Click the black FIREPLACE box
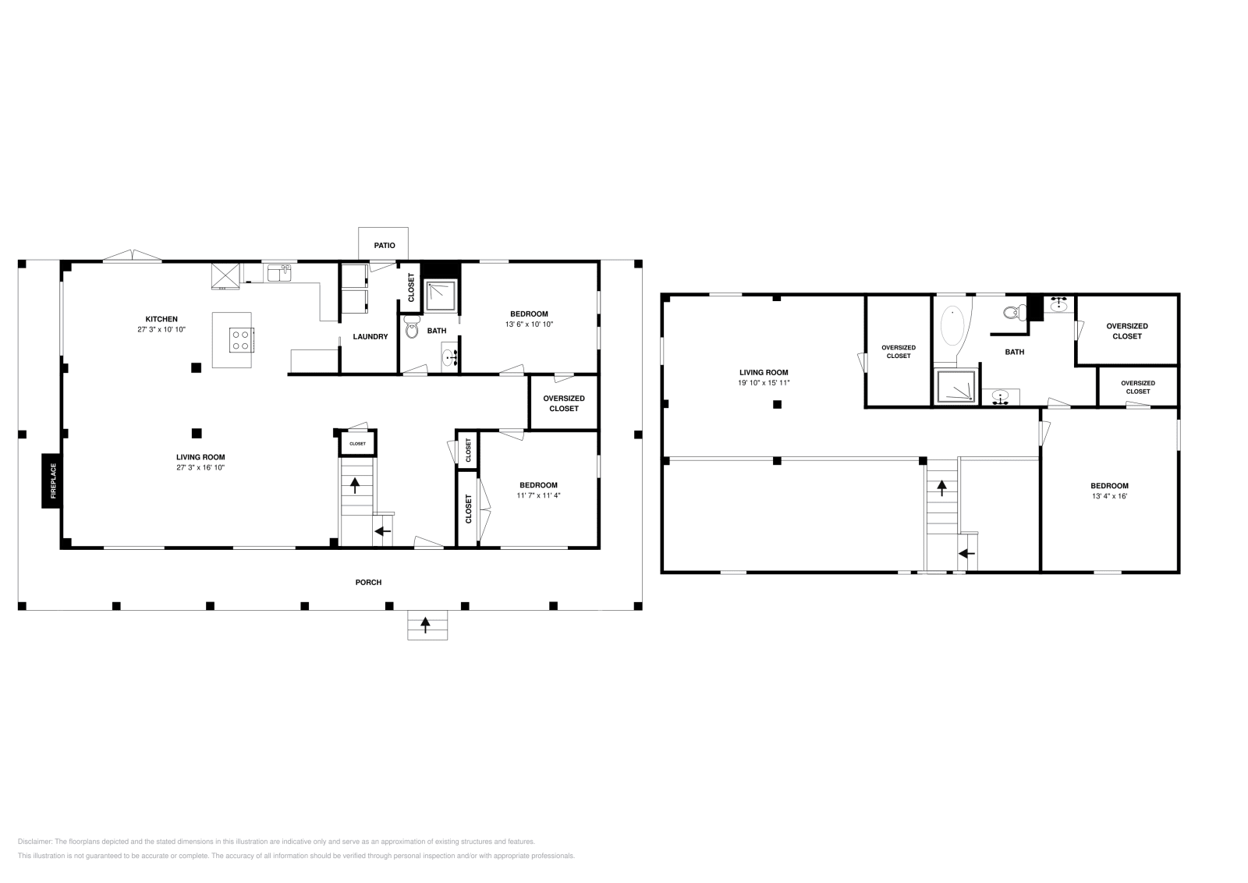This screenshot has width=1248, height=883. (x=52, y=481)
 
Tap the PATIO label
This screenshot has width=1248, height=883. (x=385, y=245)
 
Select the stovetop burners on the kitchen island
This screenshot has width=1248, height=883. (x=241, y=339)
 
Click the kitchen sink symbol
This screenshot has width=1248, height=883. (x=278, y=272)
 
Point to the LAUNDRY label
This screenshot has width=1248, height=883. (x=370, y=337)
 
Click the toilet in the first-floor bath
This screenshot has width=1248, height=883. (x=412, y=328)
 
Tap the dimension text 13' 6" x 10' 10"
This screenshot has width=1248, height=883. (x=529, y=324)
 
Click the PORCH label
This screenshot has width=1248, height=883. (x=368, y=582)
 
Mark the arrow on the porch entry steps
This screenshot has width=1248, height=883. (x=425, y=623)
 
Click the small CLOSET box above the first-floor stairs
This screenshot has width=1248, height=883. (x=357, y=443)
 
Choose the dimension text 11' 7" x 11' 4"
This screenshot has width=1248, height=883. (x=538, y=495)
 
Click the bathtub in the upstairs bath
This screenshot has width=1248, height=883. (x=953, y=328)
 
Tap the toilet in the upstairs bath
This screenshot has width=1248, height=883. (x=1012, y=314)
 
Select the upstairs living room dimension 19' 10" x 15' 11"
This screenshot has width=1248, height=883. (x=763, y=383)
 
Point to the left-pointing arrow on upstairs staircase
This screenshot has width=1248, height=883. (x=966, y=553)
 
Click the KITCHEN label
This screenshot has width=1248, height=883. (x=161, y=319)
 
